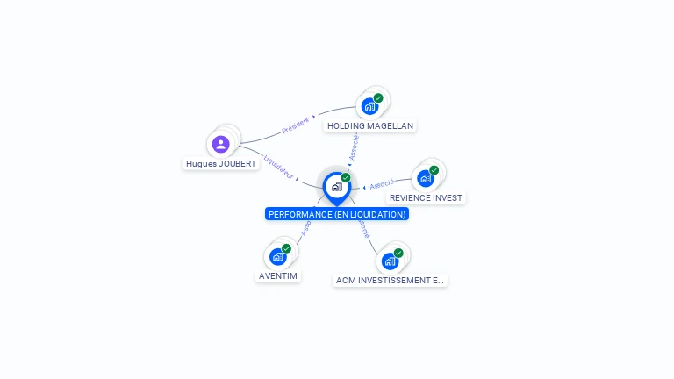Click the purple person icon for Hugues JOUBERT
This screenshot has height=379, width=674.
click(x=220, y=144)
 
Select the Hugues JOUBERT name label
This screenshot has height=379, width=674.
click(x=221, y=164)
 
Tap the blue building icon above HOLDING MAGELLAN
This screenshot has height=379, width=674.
click(x=369, y=106)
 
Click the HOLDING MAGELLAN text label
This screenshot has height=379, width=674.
click(x=369, y=126)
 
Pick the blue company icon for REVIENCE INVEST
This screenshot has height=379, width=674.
click(x=425, y=178)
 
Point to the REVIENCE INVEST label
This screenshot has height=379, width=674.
click(x=426, y=198)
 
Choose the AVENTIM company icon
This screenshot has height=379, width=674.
click(x=277, y=256)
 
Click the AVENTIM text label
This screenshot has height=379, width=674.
click(x=278, y=276)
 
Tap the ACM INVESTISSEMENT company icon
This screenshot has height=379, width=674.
click(x=390, y=261)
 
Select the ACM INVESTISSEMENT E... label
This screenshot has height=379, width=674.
click(x=391, y=281)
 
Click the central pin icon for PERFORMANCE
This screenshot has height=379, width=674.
click(x=336, y=187)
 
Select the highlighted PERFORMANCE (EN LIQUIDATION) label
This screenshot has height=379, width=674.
click(x=337, y=214)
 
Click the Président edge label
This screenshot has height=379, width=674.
click(x=295, y=125)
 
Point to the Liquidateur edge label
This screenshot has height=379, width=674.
click(x=278, y=168)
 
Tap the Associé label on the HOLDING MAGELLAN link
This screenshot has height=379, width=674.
click(x=354, y=147)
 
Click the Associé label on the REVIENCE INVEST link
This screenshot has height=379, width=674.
click(x=382, y=184)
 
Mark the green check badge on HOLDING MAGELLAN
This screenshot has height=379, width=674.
click(x=378, y=98)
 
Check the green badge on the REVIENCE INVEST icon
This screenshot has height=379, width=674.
click(x=434, y=170)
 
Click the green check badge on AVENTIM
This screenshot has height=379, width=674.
click(x=286, y=248)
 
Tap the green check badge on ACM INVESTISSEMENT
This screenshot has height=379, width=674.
click(x=398, y=253)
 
